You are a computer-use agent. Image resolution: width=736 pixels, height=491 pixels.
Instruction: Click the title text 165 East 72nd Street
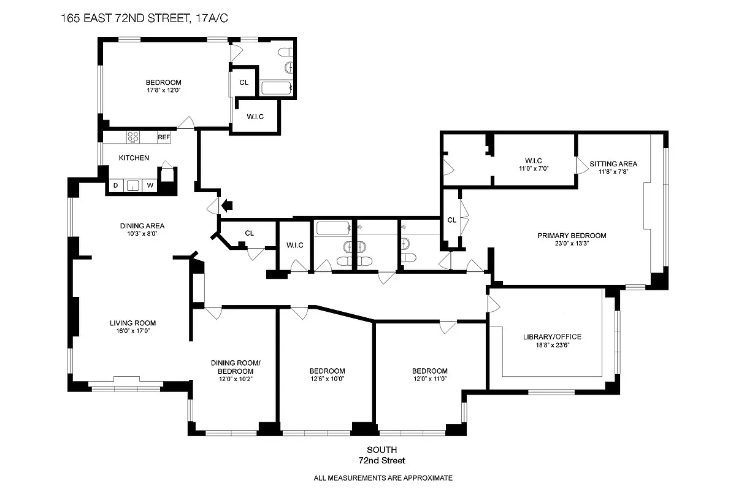[x=145, y=18]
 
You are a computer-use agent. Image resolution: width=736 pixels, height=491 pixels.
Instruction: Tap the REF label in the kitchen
[x=164, y=137]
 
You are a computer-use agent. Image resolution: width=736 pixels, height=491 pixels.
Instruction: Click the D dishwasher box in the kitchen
[x=115, y=185]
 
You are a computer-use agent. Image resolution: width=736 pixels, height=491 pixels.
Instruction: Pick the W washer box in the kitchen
[x=149, y=185]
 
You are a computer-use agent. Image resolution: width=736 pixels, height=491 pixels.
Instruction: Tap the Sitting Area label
[x=613, y=164]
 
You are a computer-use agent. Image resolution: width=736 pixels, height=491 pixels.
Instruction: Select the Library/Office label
[x=552, y=336]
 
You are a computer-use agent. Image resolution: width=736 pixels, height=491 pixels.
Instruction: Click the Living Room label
[x=132, y=323]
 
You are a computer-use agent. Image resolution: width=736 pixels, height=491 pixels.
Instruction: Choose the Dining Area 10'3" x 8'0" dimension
[x=142, y=234]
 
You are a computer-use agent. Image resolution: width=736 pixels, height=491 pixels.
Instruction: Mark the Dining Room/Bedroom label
[x=236, y=367]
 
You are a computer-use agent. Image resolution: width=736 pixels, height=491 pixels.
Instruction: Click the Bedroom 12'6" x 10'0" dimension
[x=327, y=379]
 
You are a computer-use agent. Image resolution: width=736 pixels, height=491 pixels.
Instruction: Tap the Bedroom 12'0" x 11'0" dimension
[x=429, y=379]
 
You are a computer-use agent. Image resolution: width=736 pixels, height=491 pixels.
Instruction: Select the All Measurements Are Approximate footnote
[x=383, y=477]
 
